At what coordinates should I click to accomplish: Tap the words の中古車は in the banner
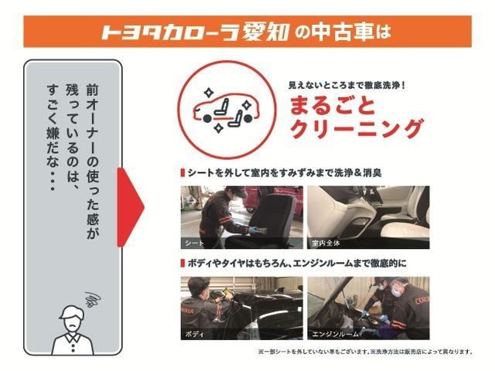[342, 32]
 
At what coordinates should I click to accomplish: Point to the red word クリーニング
[355, 128]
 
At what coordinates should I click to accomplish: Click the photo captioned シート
[241, 217]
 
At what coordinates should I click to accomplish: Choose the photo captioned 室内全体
[368, 217]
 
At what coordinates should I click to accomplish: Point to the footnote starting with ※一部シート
[364, 352]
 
